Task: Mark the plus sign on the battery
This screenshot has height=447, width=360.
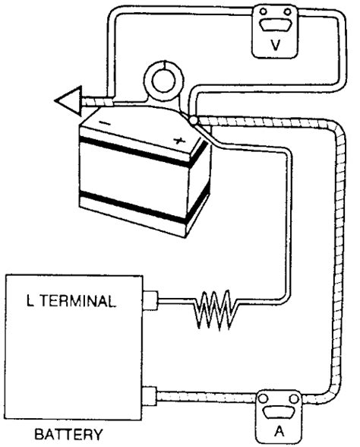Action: click(180, 140)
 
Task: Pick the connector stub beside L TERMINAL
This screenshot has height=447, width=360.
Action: click(150, 302)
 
